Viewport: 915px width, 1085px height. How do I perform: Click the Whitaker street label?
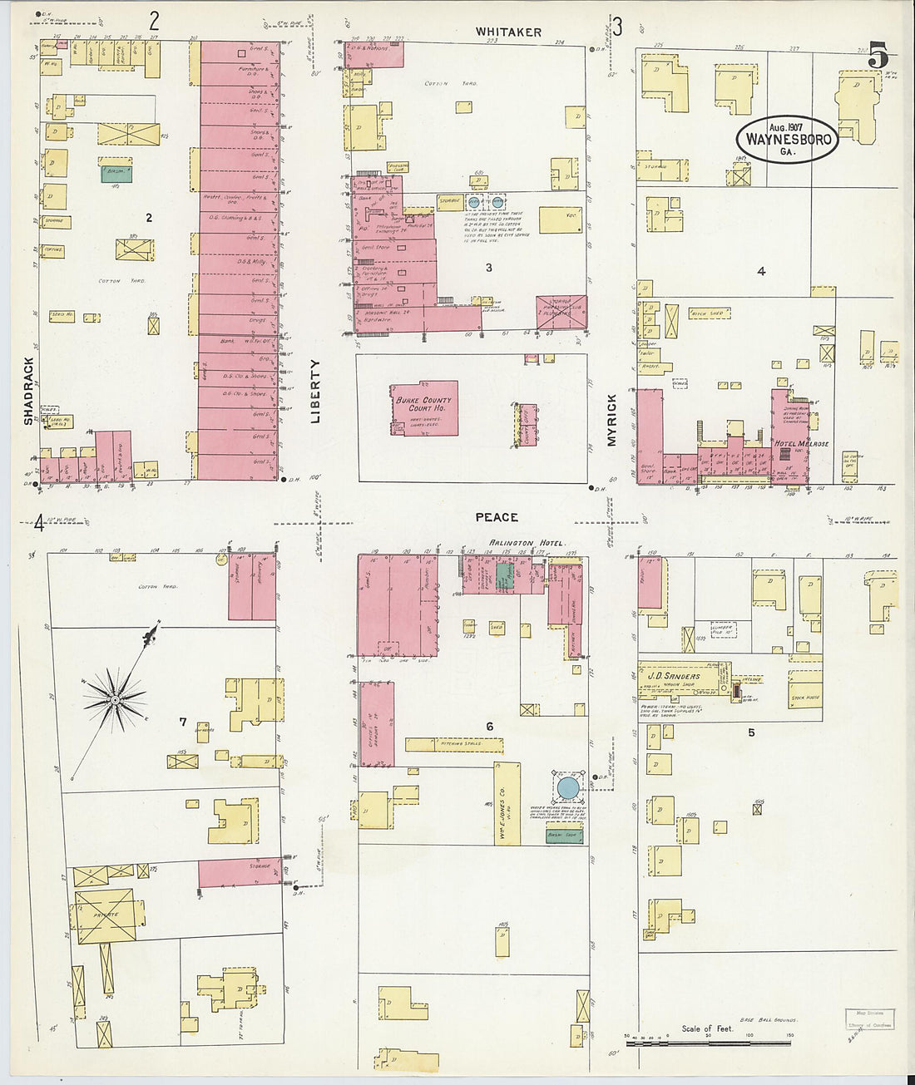point(508,32)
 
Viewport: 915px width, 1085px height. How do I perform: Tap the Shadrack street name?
point(28,391)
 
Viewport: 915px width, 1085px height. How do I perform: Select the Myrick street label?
point(612,421)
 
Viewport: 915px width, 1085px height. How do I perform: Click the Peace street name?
point(497,517)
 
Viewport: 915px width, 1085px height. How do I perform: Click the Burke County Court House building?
point(423,408)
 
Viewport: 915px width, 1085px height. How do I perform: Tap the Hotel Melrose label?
point(801,444)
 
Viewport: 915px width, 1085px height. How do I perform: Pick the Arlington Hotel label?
point(526,543)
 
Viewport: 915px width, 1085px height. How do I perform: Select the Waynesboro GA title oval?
point(787,139)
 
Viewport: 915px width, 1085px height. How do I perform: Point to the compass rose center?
point(114,700)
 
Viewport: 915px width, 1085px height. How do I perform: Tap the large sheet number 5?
point(878,57)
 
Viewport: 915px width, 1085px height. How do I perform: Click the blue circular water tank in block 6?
point(568,787)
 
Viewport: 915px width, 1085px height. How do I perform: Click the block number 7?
point(183,722)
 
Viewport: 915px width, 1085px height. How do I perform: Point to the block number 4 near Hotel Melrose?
point(760,271)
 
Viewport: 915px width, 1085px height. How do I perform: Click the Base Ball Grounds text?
point(767,1019)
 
